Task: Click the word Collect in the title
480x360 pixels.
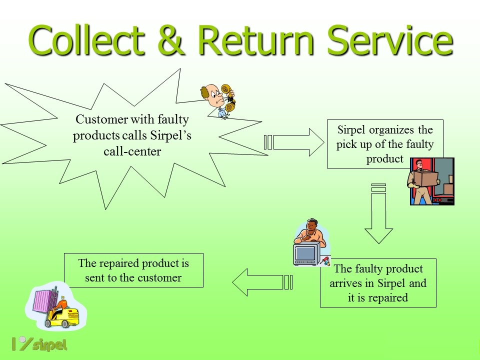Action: click(x=86, y=40)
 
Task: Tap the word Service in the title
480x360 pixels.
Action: click(x=390, y=40)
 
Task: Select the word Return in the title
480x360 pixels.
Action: click(x=256, y=40)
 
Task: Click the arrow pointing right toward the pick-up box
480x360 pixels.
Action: click(x=294, y=142)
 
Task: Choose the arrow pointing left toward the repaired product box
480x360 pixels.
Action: click(x=262, y=282)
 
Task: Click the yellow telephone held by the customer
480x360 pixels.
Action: click(x=228, y=97)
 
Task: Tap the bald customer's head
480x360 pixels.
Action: click(x=211, y=94)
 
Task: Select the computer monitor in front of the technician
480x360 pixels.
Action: click(x=306, y=254)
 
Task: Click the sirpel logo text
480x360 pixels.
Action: click(x=49, y=344)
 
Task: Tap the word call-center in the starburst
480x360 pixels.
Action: click(x=132, y=151)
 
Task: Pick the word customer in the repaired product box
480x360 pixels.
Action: click(x=159, y=277)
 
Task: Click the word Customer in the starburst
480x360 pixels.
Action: click(x=102, y=119)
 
